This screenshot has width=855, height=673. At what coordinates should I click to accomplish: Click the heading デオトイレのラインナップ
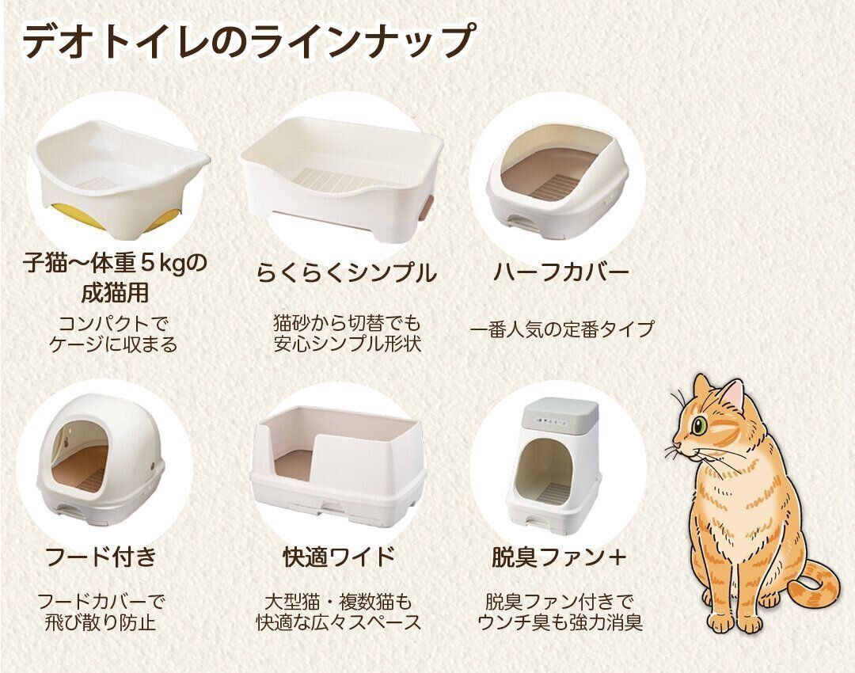click(248, 40)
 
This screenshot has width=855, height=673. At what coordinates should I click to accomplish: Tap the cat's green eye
click(698, 424)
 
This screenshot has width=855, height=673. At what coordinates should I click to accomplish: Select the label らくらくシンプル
click(347, 272)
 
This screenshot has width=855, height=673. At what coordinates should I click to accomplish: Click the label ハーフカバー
click(561, 272)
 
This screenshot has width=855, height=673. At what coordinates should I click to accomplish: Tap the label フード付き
click(101, 557)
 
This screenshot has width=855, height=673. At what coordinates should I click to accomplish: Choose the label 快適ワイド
click(339, 557)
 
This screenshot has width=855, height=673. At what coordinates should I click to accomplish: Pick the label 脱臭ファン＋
click(559, 557)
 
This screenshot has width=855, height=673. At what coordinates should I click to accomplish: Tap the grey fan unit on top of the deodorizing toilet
click(560, 415)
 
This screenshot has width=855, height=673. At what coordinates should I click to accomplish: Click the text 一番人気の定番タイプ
click(561, 329)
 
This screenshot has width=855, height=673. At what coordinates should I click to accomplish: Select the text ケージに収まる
click(113, 344)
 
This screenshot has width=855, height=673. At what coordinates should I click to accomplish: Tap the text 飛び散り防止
click(101, 622)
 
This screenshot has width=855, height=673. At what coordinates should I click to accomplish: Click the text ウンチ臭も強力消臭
click(560, 622)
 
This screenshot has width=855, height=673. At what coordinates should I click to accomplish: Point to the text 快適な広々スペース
click(339, 622)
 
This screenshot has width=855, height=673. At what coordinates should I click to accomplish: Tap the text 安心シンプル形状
click(348, 344)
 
